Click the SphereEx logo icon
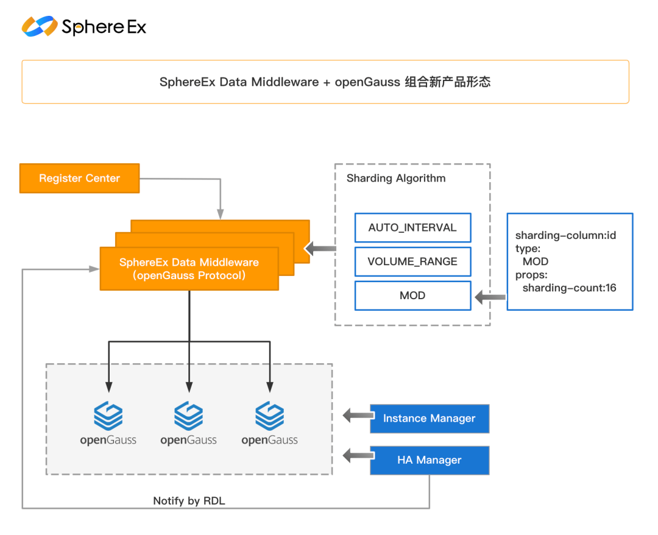pyautogui.click(x=40, y=26)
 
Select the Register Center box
pyautogui.click(x=79, y=179)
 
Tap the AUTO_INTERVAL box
pyautogui.click(x=412, y=228)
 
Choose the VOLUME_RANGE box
pyautogui.click(x=412, y=262)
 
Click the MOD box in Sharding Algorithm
pyautogui.click(x=412, y=296)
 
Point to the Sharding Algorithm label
pyautogui.click(x=396, y=179)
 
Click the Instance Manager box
pyautogui.click(x=430, y=419)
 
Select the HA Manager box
pyautogui.click(x=430, y=460)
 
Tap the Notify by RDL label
pyautogui.click(x=189, y=501)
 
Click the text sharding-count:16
pyautogui.click(x=569, y=288)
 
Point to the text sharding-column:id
pyautogui.click(x=565, y=235)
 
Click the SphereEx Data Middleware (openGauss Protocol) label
pyautogui.click(x=189, y=269)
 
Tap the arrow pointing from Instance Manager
pyautogui.click(x=358, y=416)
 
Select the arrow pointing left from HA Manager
pyautogui.click(x=358, y=456)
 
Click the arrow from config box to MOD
pyautogui.click(x=490, y=297)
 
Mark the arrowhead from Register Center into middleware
pyautogui.click(x=221, y=214)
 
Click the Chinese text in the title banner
pyautogui.click(x=447, y=82)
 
